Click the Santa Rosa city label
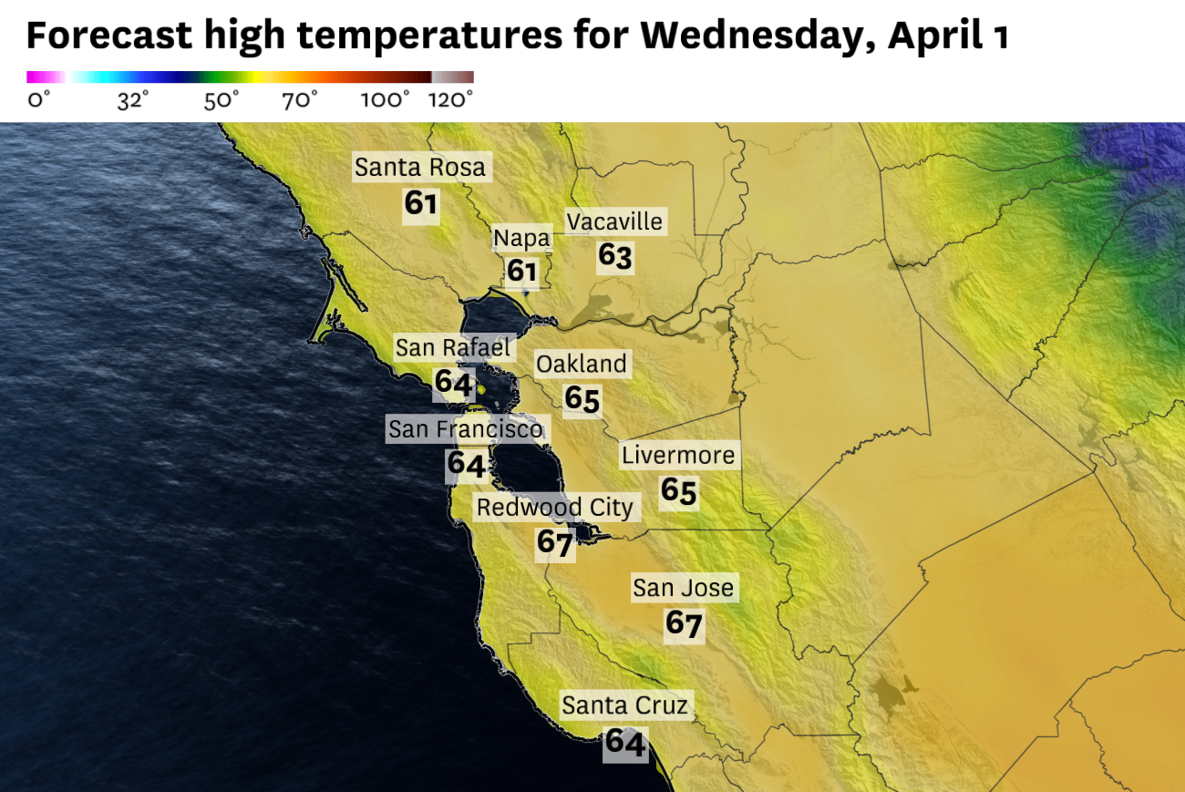(x=420, y=168)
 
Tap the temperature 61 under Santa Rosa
(x=421, y=203)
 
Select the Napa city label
(x=522, y=239)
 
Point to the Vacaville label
(x=614, y=221)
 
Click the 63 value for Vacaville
(x=615, y=256)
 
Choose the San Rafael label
(x=453, y=347)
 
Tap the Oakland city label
(x=582, y=365)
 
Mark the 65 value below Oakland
(x=582, y=399)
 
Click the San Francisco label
(x=466, y=428)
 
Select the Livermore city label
(x=678, y=455)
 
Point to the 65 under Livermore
(x=679, y=490)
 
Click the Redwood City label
(x=555, y=508)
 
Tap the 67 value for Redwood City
(x=554, y=543)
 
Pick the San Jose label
(x=684, y=588)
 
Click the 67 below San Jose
(x=684, y=624)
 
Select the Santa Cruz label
(x=624, y=705)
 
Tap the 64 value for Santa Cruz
(x=626, y=742)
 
